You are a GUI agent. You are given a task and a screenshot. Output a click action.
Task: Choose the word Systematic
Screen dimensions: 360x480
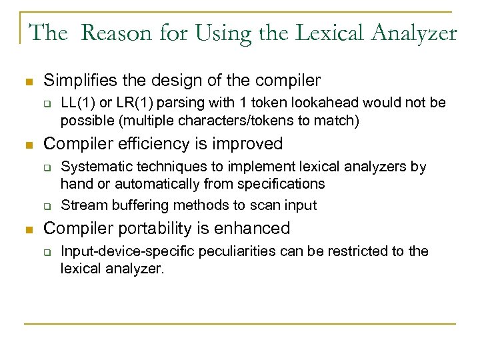[x=93, y=166]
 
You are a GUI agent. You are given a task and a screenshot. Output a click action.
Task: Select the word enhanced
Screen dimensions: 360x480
[x=256, y=228]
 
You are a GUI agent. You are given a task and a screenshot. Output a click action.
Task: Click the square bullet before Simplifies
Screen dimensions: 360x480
[x=28, y=81]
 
